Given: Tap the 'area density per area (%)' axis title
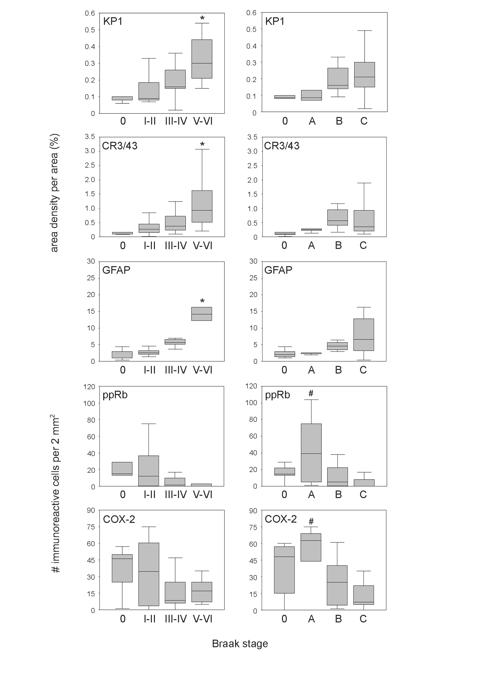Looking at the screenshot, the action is click(54, 193).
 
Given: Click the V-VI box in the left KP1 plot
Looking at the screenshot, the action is click(202, 59).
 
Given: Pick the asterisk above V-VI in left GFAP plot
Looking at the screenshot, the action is click(202, 301).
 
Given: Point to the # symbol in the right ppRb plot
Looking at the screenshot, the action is click(311, 393).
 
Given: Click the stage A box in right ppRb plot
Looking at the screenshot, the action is click(311, 453).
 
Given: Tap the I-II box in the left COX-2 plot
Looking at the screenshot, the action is click(149, 575).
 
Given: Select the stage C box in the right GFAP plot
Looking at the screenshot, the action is click(364, 335).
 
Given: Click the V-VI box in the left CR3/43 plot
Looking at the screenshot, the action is click(202, 206).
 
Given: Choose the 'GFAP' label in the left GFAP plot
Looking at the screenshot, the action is click(116, 270).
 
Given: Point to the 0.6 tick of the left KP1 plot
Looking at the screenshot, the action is click(90, 13).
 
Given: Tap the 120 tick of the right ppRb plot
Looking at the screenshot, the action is click(251, 386).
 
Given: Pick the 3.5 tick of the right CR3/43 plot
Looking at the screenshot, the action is click(252, 137).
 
